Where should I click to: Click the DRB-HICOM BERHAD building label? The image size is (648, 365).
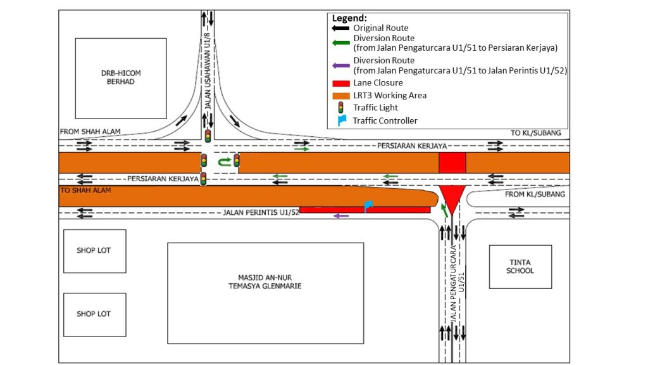click(121, 77)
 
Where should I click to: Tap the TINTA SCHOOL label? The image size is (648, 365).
click(520, 267)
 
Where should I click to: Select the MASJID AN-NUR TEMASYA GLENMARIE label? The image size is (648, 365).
click(265, 281)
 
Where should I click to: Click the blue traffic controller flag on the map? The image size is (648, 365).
click(368, 205)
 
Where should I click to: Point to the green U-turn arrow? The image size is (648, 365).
click(223, 162)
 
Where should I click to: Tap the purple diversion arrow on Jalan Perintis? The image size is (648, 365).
click(340, 216)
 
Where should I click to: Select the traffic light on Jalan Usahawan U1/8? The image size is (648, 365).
click(208, 136)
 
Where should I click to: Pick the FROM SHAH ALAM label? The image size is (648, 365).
click(90, 132)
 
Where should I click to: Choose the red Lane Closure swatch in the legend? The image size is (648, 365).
click(341, 83)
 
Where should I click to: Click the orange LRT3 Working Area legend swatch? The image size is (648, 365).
click(341, 96)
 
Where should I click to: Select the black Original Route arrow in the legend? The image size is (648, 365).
click(341, 28)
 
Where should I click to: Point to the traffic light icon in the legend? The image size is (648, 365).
click(341, 108)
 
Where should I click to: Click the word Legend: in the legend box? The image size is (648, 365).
click(349, 18)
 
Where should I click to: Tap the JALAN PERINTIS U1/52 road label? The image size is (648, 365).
click(261, 212)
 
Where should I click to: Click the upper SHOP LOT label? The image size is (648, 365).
click(94, 250)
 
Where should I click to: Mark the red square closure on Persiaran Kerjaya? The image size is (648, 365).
click(452, 162)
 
